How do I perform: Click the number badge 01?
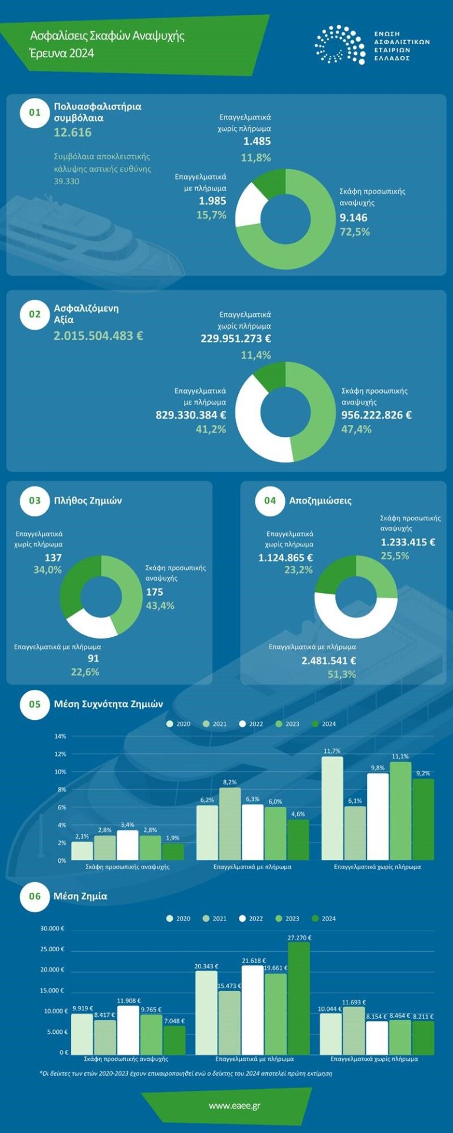pos(35,113)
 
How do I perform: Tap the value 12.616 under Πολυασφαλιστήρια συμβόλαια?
pos(73,132)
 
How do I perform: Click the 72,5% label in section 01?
pos(354,232)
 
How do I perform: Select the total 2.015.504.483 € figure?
pos(99,336)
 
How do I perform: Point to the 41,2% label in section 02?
pos(211,429)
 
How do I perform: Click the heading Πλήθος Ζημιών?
pos(88,500)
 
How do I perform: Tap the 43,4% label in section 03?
pos(160,605)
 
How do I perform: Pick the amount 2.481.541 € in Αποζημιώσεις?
pos(329,660)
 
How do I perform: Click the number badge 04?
pos(270,500)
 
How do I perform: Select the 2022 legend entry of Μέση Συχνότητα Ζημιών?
pos(251,723)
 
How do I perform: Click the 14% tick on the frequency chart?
pos(60,736)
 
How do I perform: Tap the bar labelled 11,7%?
pos(332,807)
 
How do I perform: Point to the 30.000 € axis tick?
pos(52,928)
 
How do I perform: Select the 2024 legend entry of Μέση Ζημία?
pos(324,918)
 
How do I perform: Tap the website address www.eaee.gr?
pos(234,1105)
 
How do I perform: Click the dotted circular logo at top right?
pos(340,44)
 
